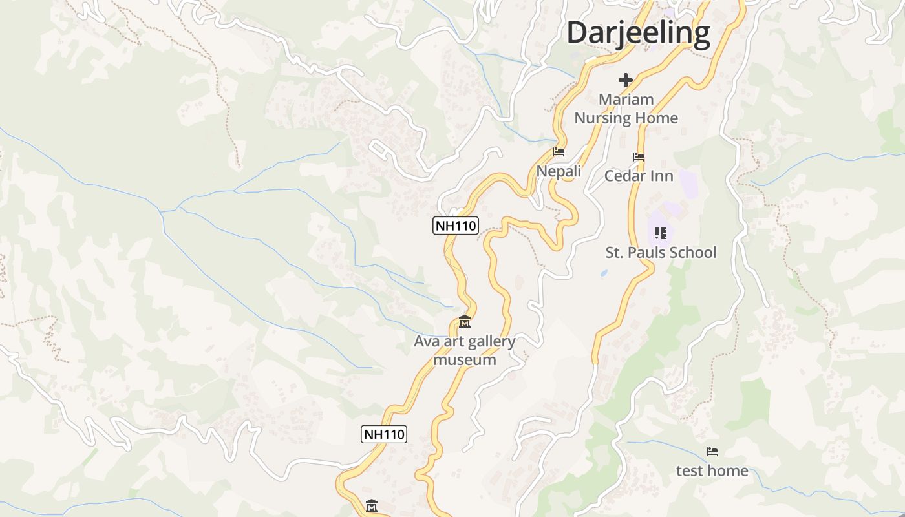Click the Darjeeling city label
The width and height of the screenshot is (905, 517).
pos(638,33)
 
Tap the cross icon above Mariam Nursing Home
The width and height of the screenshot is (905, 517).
pos(625,80)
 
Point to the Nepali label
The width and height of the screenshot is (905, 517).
pos(559,171)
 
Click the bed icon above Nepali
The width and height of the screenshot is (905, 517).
pos(559,152)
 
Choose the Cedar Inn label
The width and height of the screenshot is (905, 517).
pos(638,176)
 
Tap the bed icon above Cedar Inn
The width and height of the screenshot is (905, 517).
pos(638,156)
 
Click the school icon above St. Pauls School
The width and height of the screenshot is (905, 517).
pos(660,233)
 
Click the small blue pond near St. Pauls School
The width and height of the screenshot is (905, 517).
pos(604,273)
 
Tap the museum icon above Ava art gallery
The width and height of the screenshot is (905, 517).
pos(464,321)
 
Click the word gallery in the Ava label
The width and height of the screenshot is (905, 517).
pos(490,341)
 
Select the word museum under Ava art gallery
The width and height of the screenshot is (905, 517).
pos(464,360)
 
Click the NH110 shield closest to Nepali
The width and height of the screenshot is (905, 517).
pos(455,226)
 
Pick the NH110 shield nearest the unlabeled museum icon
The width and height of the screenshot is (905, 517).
pos(383,434)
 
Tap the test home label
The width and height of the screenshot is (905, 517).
pos(712,470)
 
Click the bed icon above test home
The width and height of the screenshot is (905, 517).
pos(712,452)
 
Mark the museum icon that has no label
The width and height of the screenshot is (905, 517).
pos(371,505)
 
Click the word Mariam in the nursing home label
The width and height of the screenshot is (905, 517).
pos(626,100)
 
